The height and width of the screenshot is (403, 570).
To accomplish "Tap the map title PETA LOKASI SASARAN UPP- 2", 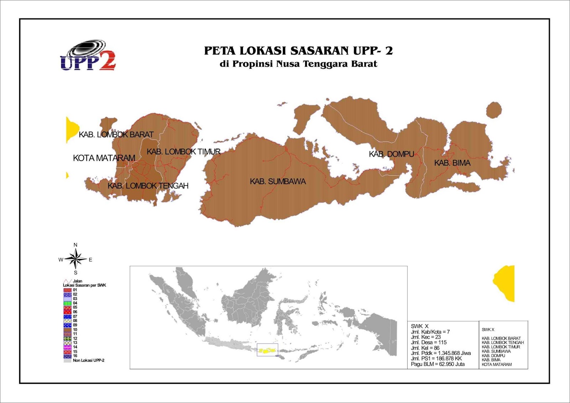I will click(x=298, y=51).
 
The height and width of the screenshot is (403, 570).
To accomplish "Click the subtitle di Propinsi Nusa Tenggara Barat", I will click(x=298, y=64).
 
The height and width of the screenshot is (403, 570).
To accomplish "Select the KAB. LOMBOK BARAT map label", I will click(x=116, y=135).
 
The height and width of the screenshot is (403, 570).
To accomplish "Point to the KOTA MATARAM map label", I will click(x=104, y=158).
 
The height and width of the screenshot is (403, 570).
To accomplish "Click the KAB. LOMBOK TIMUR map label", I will click(x=183, y=152).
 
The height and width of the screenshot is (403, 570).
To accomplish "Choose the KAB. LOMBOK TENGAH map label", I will click(x=148, y=186).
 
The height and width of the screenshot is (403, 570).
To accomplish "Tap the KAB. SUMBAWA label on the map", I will click(x=278, y=182).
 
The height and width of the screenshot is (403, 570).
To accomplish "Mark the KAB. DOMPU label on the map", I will click(x=391, y=154).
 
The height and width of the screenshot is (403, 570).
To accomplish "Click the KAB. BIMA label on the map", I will click(x=452, y=163).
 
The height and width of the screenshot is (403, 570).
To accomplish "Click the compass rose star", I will click(x=76, y=259).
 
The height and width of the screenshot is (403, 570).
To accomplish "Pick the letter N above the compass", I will click(x=76, y=245).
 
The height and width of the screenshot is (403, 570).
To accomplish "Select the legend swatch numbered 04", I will click(x=67, y=303).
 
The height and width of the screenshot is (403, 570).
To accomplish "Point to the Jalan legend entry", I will click(x=77, y=281).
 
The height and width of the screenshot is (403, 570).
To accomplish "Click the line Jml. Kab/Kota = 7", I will click(x=430, y=332).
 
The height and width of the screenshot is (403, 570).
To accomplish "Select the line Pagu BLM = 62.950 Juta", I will click(x=437, y=364).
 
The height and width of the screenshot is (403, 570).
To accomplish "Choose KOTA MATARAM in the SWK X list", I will click(x=497, y=365).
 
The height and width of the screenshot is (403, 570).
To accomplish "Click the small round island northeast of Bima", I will click(x=494, y=109).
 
